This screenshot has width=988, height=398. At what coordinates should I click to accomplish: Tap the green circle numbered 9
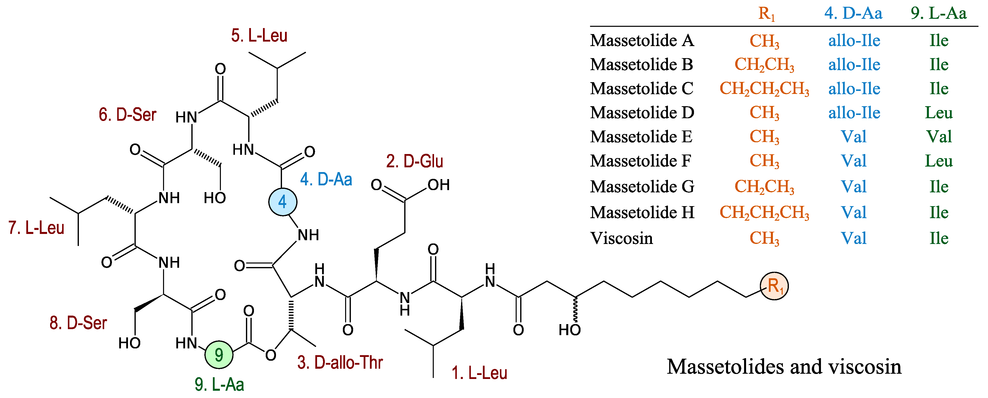(x=219, y=355)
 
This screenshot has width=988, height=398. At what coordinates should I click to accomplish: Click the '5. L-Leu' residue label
(x=259, y=36)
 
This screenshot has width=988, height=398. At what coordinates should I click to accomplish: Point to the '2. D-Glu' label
(x=414, y=161)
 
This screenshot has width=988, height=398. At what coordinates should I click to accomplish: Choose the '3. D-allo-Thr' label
(x=340, y=362)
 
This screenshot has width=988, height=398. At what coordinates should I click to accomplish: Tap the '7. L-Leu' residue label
(x=36, y=228)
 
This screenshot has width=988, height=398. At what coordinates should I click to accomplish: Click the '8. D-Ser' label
(x=78, y=323)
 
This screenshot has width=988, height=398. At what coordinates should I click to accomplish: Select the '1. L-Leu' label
(x=479, y=373)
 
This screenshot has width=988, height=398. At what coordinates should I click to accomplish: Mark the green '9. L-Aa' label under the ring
(x=219, y=384)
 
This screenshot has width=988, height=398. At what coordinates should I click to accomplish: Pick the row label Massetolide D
(x=642, y=113)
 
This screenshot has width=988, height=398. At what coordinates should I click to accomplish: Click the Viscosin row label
(x=621, y=238)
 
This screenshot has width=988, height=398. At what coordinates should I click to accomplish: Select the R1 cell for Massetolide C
(x=764, y=89)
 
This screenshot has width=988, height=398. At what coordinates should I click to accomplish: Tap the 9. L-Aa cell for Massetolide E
(x=938, y=137)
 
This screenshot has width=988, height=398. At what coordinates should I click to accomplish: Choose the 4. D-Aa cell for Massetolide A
(x=854, y=41)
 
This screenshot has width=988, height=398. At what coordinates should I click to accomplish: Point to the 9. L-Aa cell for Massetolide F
(x=938, y=161)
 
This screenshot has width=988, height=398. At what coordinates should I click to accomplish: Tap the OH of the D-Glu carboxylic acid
(x=438, y=185)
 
